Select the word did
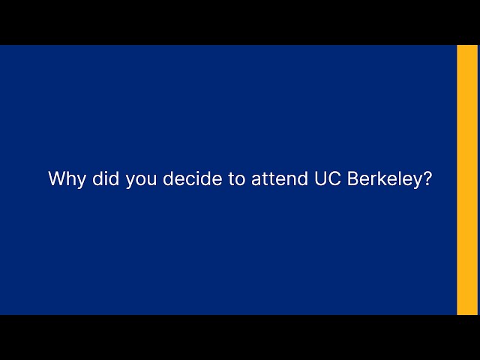pyautogui.click(x=104, y=179)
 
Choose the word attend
pyautogui.click(x=278, y=179)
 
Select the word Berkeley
pyautogui.click(x=385, y=180)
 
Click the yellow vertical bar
pyautogui.click(x=467, y=180)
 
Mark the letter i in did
pyautogui.click(x=104, y=179)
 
